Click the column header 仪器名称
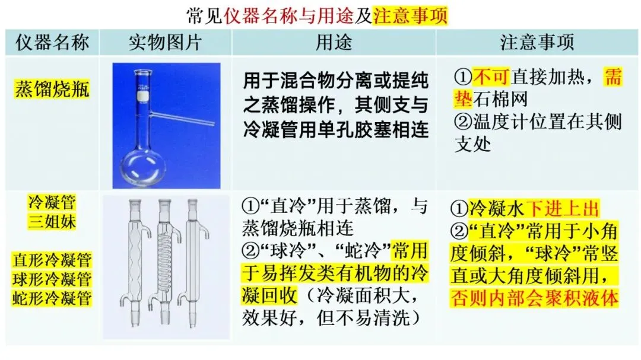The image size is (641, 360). [x=52, y=42]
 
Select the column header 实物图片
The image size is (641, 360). [x=166, y=42]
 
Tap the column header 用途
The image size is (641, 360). [x=334, y=42]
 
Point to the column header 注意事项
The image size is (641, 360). [x=537, y=42]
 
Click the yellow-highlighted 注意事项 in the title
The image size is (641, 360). [x=410, y=15]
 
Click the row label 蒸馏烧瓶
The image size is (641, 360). [x=52, y=89]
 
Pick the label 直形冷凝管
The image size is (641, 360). [x=52, y=260]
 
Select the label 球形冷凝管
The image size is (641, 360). [x=52, y=279]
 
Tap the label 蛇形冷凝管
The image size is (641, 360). [x=52, y=298]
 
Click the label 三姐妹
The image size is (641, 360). [x=52, y=221]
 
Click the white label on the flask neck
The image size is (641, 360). [x=142, y=95]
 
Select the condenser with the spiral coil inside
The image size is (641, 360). [x=164, y=262]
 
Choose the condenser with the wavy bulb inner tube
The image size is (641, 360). [x=135, y=262]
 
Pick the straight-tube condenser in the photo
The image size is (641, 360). [x=193, y=262]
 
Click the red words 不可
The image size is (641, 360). [x=491, y=77]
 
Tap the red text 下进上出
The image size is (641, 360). [x=562, y=208]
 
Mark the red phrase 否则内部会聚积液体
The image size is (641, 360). [x=534, y=298]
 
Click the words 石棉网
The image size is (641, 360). [x=500, y=99]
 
